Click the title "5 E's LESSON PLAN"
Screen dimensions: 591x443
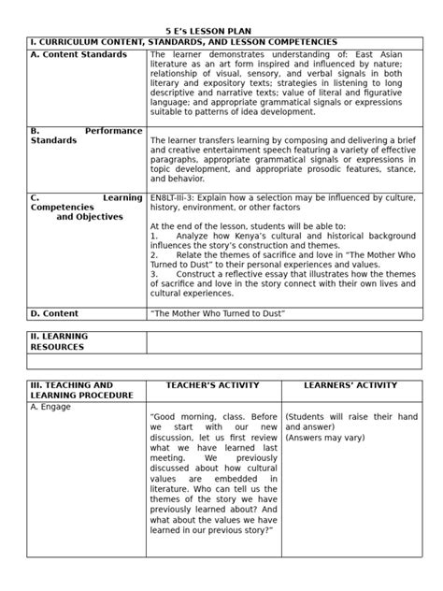221,31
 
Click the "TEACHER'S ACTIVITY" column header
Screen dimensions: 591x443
215,384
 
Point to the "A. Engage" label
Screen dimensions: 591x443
50,407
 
